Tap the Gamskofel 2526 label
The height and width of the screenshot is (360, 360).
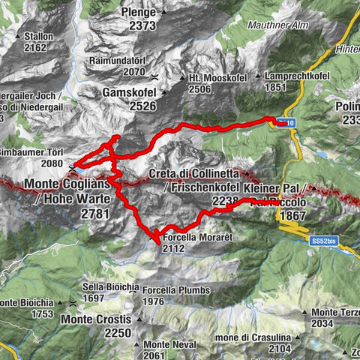pyautogui.click(x=129, y=98)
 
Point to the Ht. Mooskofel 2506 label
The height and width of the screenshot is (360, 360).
pyautogui.click(x=209, y=82)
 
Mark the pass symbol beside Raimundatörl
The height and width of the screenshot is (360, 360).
pyautogui.click(x=154, y=76)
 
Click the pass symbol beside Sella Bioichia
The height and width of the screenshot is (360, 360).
pyautogui.click(x=72, y=303)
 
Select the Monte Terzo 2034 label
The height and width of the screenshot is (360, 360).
pyautogui.click(x=334, y=317)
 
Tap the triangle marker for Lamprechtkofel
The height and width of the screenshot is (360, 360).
pyautogui.click(x=258, y=76)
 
